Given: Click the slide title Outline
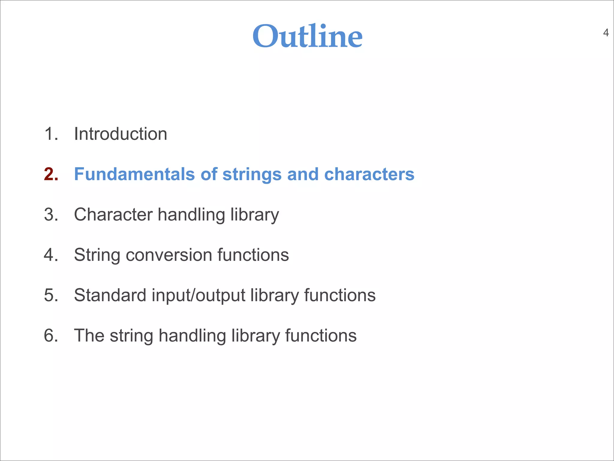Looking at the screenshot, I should [307, 36].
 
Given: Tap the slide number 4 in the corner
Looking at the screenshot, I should [606, 33].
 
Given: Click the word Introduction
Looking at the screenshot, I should [121, 134].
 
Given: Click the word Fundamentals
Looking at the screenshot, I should [134, 174].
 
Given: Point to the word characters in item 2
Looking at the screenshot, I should [369, 174].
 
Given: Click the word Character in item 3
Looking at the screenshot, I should [113, 215].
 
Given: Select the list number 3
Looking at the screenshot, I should [50, 215].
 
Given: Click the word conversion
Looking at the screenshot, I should [169, 255].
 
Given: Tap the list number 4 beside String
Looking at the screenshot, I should [50, 255].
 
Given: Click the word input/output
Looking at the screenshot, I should [198, 296].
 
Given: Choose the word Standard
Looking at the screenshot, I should [110, 295].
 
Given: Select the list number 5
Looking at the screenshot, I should [50, 295].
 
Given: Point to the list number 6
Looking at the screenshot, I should [50, 336].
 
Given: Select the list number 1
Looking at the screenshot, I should [50, 134].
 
